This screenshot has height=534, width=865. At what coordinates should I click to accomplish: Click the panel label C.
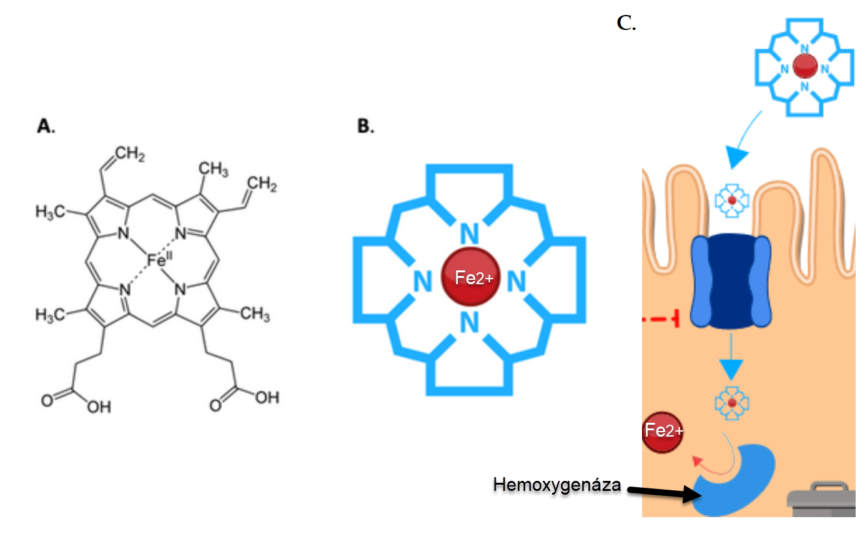tap(626, 24)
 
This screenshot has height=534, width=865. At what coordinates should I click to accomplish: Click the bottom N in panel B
tap(470, 322)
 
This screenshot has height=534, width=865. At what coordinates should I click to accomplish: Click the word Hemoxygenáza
tap(557, 484)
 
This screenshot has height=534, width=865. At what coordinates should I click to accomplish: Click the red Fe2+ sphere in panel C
tap(663, 430)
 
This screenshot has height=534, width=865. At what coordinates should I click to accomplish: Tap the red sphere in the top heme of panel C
tap(805, 66)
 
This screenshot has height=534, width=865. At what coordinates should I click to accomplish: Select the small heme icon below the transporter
tap(732, 403)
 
